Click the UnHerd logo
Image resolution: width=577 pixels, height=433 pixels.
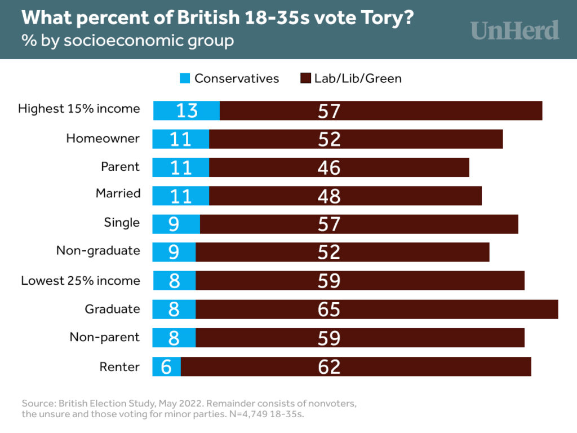coord(515,30)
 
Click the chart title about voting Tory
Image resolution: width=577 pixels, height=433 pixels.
coord(218,17)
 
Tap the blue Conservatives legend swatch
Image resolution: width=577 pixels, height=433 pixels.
coord(185,78)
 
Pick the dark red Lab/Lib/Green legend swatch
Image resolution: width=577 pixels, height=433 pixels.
coord(306,78)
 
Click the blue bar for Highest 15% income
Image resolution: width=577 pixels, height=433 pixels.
coord(187,111)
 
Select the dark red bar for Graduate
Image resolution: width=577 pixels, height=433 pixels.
coord(376,310)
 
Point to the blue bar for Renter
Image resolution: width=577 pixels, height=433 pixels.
coord(167,366)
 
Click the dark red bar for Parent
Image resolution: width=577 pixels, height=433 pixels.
coord(339,167)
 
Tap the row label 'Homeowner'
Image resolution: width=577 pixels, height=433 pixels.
coord(103,138)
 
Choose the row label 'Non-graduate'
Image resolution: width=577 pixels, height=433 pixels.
coord(98,250)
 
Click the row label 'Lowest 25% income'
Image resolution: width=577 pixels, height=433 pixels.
coord(81,280)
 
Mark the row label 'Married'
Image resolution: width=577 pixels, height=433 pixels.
coord(118,193)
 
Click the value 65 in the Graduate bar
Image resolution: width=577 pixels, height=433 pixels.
coord(329,310)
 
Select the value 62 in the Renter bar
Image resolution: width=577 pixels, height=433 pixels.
coord(329,366)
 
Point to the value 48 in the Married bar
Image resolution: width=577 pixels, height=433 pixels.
coord(329,196)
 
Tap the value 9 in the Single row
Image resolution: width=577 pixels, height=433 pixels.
coord(174,224)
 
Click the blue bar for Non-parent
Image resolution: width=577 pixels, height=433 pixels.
coord(174,338)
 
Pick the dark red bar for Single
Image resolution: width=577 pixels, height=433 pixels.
coord(359,224)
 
